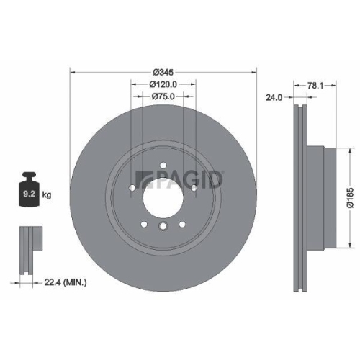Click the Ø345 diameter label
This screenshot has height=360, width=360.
(163, 72)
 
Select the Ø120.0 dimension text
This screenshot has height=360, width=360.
(163, 84)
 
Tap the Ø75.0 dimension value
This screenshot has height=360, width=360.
(163, 97)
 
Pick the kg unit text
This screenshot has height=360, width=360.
(47, 194)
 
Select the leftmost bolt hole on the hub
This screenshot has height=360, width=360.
(132, 190)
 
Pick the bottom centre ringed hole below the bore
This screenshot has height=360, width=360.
(163, 229)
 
